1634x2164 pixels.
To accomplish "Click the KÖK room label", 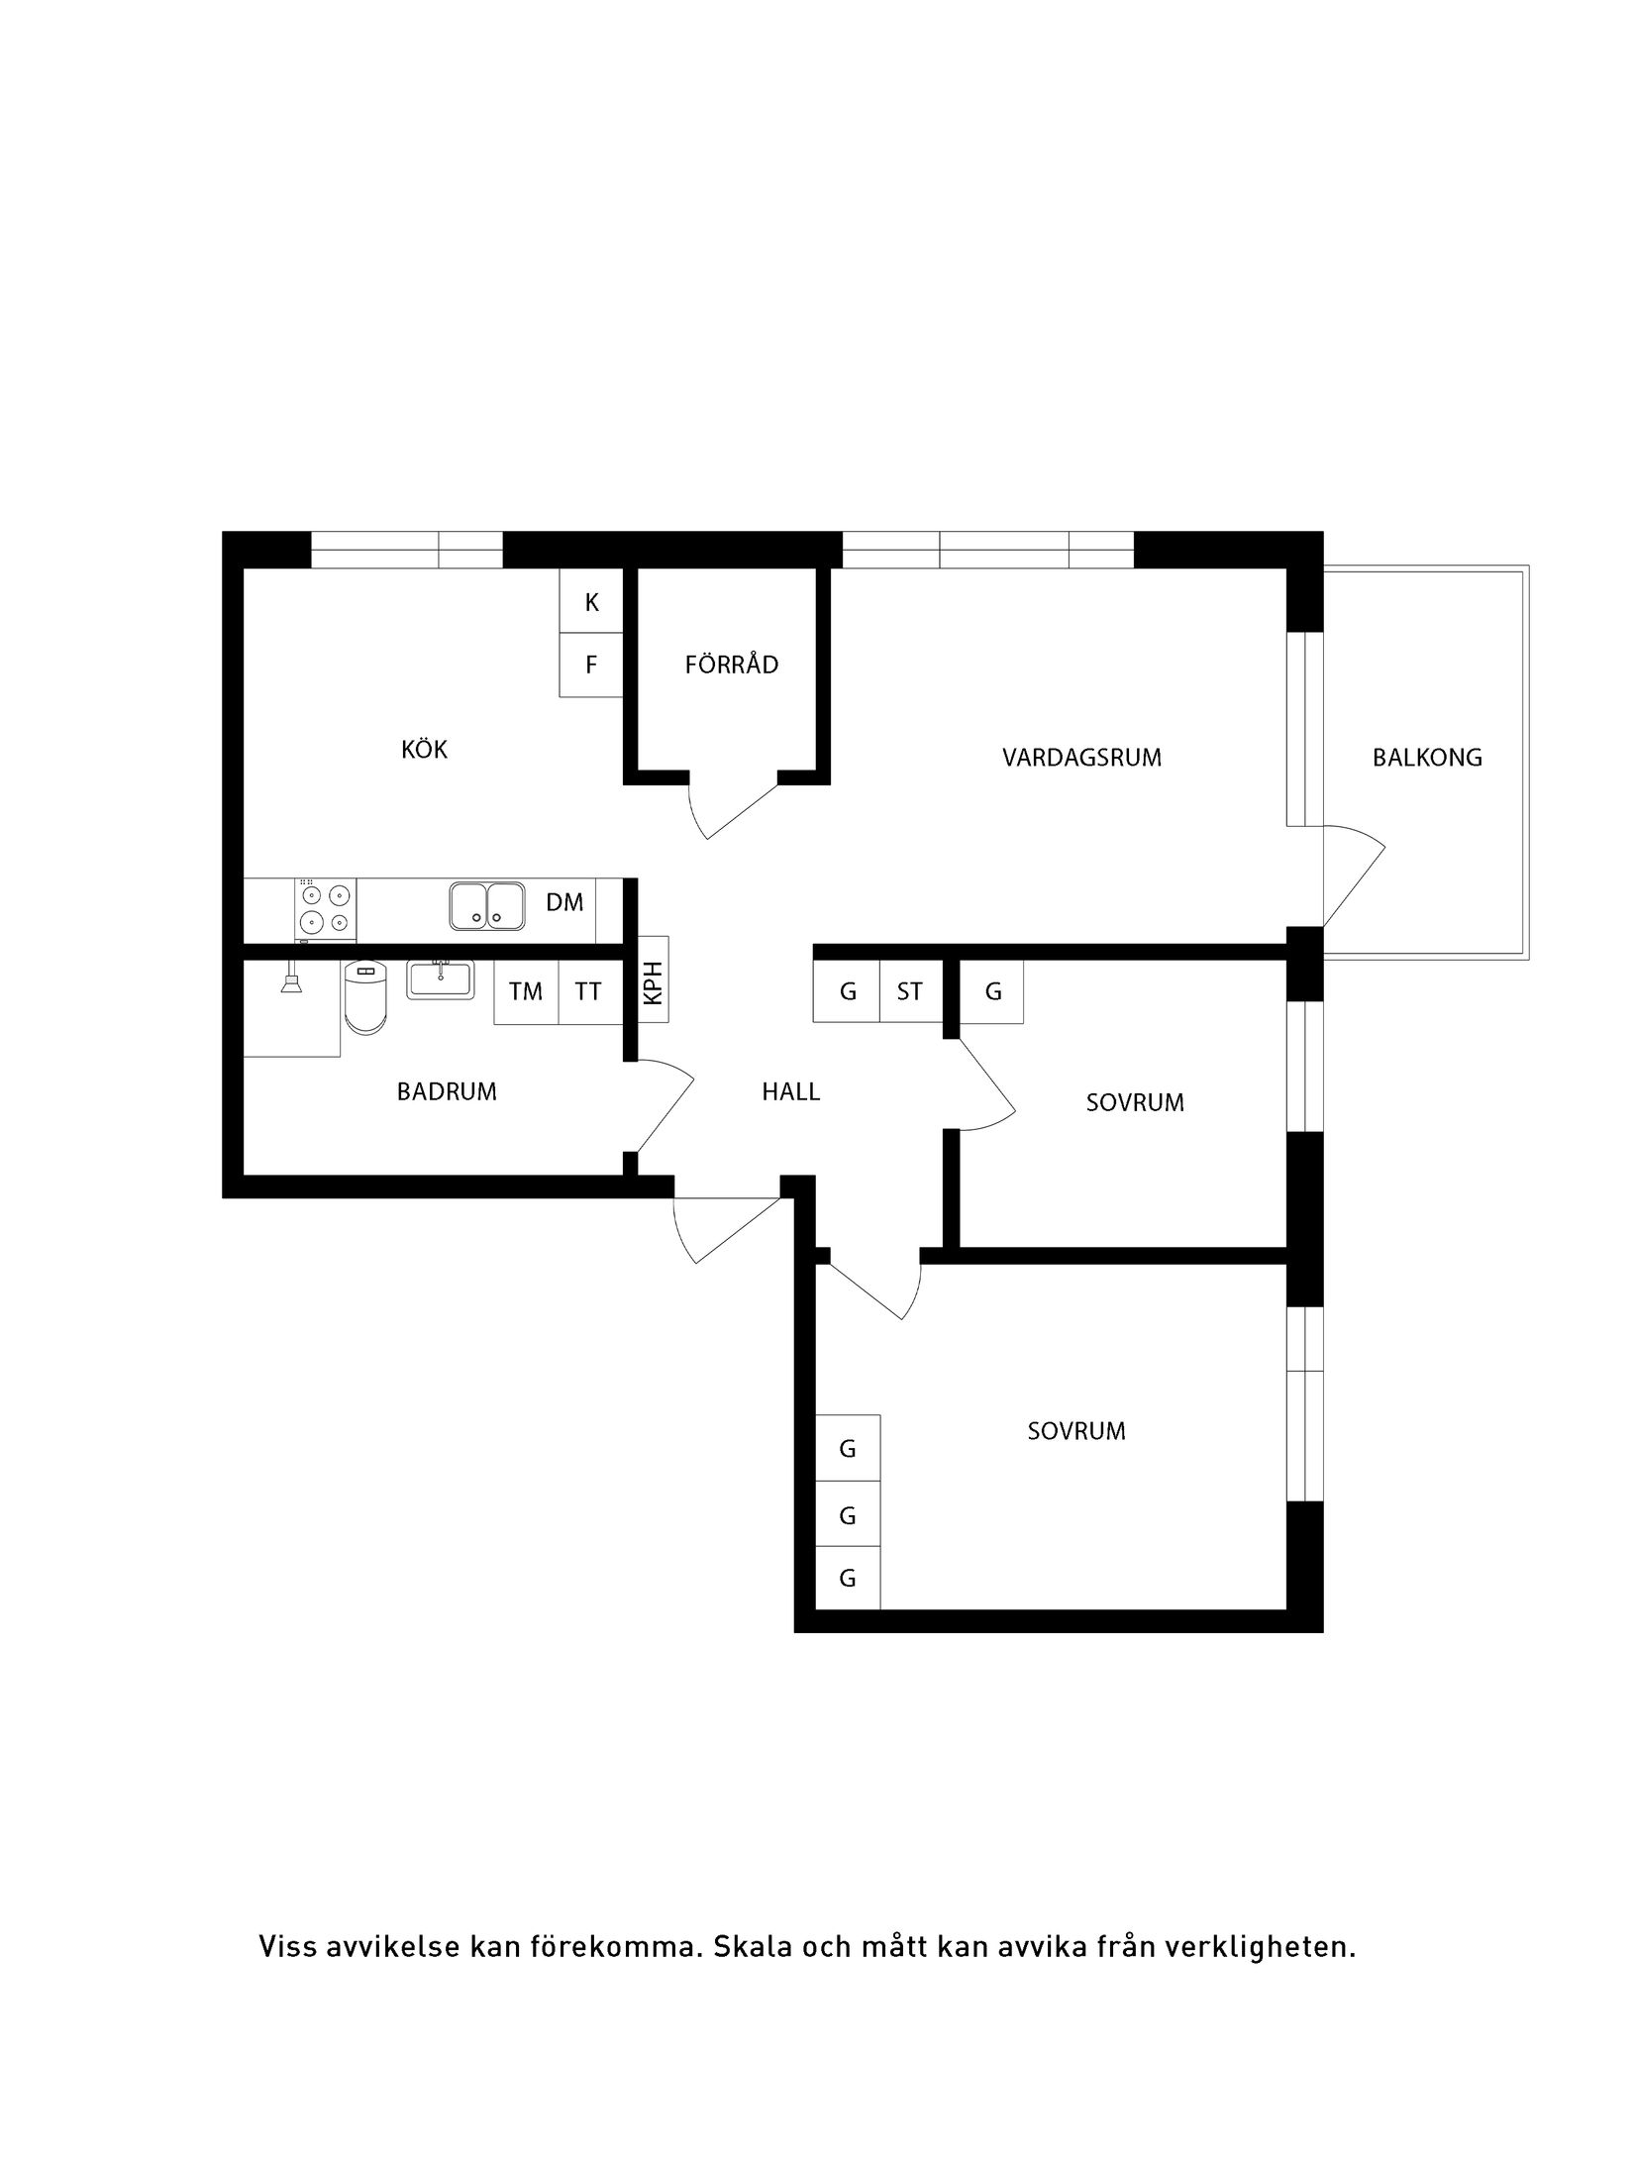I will pyautogui.click(x=424, y=750).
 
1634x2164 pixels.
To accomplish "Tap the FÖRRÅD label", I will pyautogui.click(x=731, y=665).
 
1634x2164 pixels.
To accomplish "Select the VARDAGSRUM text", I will pyautogui.click(x=1081, y=758).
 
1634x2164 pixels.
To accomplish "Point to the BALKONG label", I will pyautogui.click(x=1427, y=758).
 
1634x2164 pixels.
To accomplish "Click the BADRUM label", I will pyautogui.click(x=447, y=1091).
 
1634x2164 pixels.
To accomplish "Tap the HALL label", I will pyautogui.click(x=790, y=1091).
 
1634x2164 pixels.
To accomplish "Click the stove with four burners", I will pyautogui.click(x=326, y=908).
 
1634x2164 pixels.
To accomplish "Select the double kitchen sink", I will pyautogui.click(x=486, y=905).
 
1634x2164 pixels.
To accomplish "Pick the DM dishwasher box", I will pyautogui.click(x=564, y=902).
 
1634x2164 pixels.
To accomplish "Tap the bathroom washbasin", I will pyautogui.click(x=441, y=979).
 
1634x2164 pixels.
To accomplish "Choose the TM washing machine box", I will pyautogui.click(x=526, y=991).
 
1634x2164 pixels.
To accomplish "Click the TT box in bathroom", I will pyautogui.click(x=588, y=991).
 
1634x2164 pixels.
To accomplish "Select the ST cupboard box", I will pyautogui.click(x=909, y=991).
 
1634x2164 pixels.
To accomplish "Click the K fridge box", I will pyautogui.click(x=591, y=602).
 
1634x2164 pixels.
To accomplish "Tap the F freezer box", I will pyautogui.click(x=591, y=665).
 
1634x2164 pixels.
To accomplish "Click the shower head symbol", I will pyautogui.click(x=291, y=981).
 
